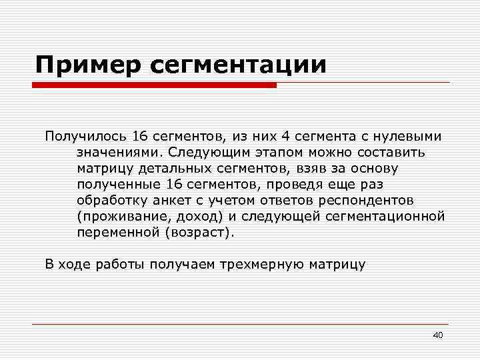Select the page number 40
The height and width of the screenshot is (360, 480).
coord(437,335)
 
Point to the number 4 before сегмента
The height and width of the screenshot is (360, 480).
coord(285,137)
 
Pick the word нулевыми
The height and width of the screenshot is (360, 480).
coord(412,137)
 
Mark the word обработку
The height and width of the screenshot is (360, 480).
coord(111,201)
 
